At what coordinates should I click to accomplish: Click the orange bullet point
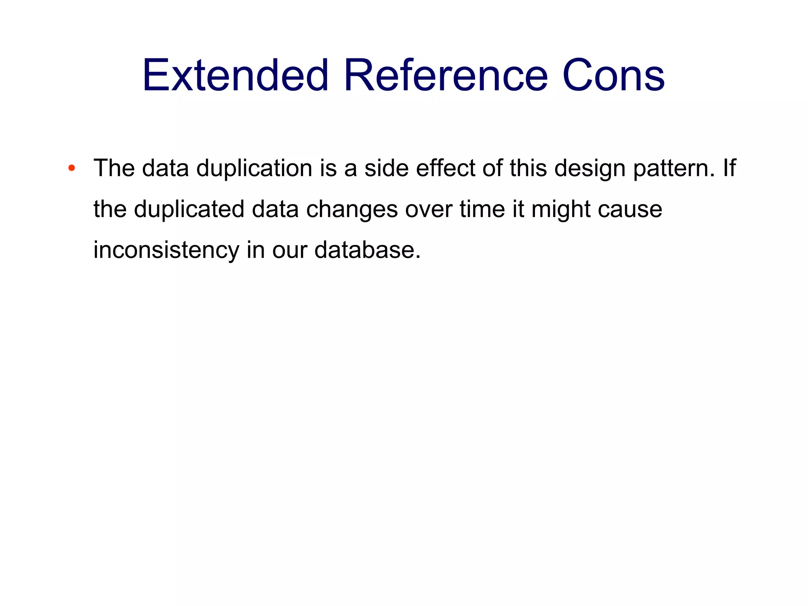coord(71,169)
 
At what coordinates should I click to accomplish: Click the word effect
coord(445,168)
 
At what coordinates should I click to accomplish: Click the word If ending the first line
coord(729,168)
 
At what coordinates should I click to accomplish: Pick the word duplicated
coord(189,210)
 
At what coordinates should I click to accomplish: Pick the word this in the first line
coord(528,168)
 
